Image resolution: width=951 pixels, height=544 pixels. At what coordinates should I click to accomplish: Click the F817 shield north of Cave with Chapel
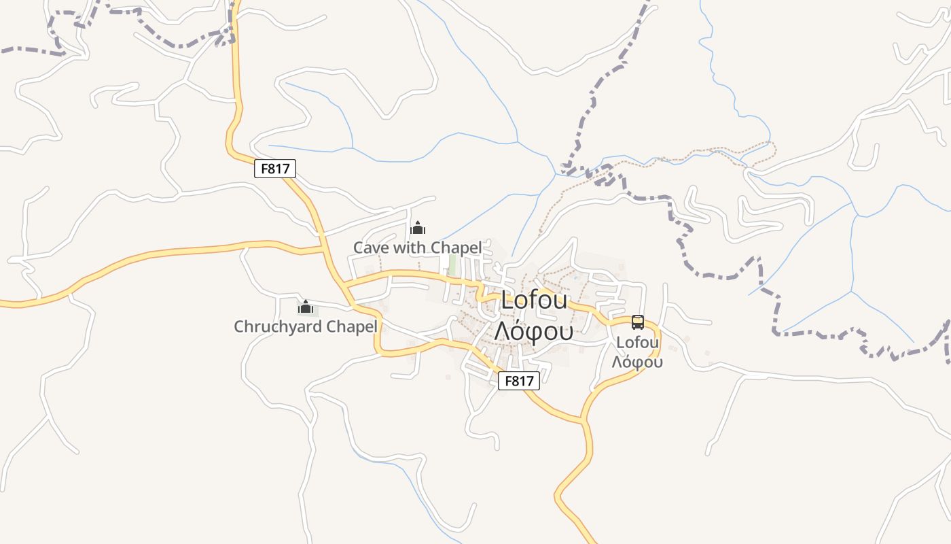275,169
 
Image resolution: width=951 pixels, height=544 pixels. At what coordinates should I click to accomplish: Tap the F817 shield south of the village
519,381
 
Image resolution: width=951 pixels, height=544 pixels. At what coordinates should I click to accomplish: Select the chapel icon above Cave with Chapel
418,228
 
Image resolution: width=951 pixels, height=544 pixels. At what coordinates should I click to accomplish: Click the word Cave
372,248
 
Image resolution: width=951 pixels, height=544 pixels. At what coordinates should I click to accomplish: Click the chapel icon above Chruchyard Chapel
306,307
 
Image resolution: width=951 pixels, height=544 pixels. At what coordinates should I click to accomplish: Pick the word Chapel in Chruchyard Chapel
352,326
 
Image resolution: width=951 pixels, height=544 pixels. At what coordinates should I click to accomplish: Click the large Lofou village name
534,301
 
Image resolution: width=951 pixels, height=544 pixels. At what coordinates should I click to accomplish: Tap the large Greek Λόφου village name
534,331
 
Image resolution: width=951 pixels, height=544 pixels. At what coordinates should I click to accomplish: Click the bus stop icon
637,322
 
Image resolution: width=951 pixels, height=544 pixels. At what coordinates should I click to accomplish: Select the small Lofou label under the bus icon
637,343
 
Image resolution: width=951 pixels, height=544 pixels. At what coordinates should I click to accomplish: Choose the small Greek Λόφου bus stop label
637,362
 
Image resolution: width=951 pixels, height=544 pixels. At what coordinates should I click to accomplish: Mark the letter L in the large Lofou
507,301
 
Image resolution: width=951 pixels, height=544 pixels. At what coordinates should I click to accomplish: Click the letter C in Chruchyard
239,326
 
